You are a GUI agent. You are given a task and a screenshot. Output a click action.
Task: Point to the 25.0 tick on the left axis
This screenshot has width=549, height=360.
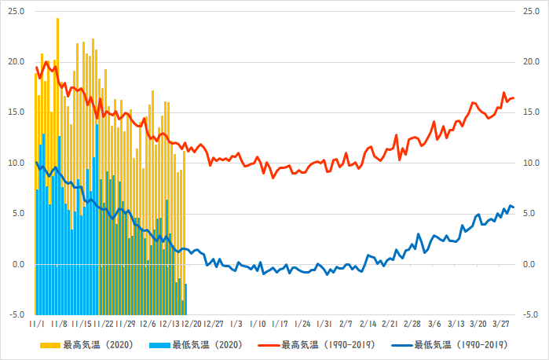16,11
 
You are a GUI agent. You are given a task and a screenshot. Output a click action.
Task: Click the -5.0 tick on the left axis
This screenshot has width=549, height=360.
16,314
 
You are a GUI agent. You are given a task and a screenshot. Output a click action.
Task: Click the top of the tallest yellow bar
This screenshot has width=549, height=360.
57,19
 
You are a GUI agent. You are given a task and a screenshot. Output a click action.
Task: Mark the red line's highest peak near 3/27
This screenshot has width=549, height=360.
504,93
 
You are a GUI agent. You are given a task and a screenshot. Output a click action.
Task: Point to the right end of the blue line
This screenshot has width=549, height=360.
513,208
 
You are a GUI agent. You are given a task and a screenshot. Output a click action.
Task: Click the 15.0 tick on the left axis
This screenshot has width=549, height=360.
16,112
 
